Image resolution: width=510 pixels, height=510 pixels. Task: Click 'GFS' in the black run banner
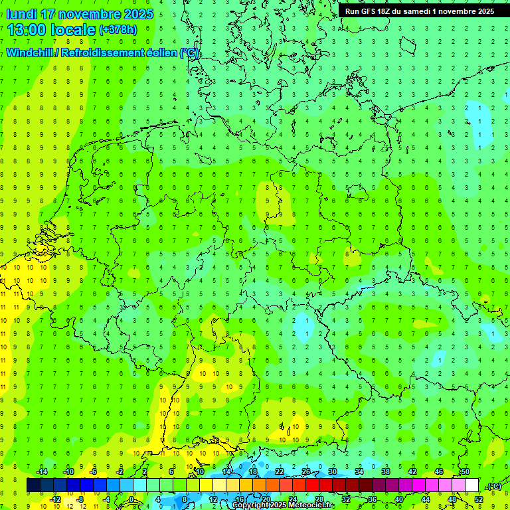pyautogui.click(x=369, y=11)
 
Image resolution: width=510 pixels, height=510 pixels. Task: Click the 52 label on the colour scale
pyautogui.click(x=479, y=499)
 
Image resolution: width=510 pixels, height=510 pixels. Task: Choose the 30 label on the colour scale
pyautogui.click(x=332, y=471)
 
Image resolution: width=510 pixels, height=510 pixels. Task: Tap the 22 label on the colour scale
pyautogui.click(x=280, y=471)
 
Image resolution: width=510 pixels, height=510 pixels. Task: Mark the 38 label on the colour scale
pyautogui.click(x=385, y=471)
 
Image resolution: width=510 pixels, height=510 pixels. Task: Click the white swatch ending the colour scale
pyautogui.click(x=472, y=485)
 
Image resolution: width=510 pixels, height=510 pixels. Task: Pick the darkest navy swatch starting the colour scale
pyautogui.click(x=33, y=485)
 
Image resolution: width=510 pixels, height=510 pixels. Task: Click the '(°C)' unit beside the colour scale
pyautogui.click(x=494, y=486)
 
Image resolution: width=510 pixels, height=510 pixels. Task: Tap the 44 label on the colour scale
pyautogui.click(x=426, y=499)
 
